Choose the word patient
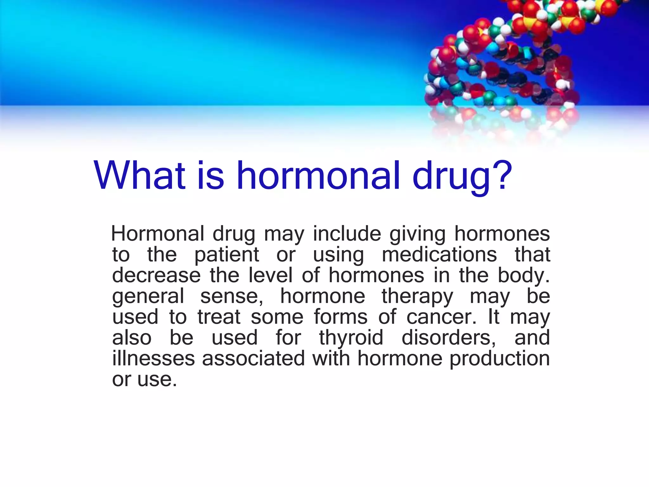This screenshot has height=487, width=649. click(227, 256)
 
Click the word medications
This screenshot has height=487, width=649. click(439, 255)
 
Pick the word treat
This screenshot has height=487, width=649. click(219, 317)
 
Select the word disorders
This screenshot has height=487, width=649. click(448, 338)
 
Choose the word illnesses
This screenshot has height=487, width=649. click(153, 359)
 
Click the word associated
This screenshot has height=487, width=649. click(254, 359)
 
